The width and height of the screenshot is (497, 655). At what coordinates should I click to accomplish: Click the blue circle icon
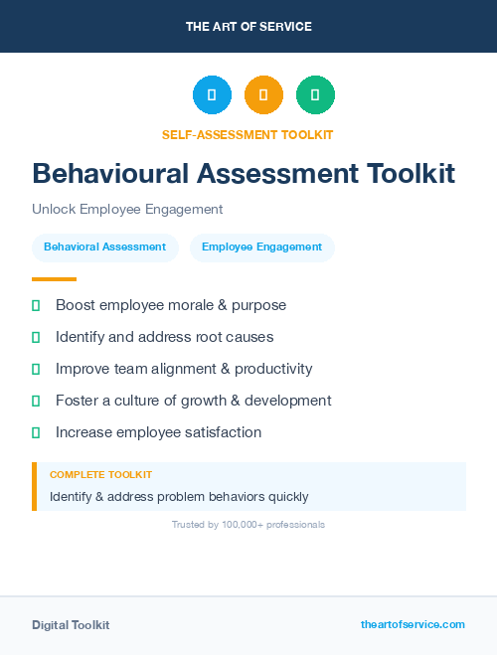[212, 94]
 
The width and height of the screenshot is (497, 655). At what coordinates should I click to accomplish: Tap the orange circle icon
[263, 94]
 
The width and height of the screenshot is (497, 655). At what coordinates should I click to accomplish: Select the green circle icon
[315, 94]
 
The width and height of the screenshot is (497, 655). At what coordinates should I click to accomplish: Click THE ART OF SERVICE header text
[248, 27]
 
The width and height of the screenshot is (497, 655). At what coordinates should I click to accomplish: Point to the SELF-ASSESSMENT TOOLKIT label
[248, 134]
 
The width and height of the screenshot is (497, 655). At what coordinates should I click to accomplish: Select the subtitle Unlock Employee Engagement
[127, 210]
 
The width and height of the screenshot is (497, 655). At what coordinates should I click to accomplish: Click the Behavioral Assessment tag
[105, 247]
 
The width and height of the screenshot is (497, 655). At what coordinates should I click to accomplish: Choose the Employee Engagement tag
[261, 247]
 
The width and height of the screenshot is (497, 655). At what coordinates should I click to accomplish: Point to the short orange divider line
[54, 279]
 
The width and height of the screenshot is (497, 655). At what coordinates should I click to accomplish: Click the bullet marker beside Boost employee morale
[36, 305]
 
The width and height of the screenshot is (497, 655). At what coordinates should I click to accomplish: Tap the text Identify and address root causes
[164, 337]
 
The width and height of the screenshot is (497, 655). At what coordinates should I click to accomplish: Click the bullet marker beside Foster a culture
[36, 401]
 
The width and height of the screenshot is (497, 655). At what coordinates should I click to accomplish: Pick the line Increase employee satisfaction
[158, 432]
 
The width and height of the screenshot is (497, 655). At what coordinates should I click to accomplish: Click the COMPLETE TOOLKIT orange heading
[100, 475]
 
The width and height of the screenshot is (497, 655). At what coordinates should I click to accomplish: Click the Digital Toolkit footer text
[71, 625]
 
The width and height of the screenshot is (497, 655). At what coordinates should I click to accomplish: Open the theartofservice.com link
[413, 624]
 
